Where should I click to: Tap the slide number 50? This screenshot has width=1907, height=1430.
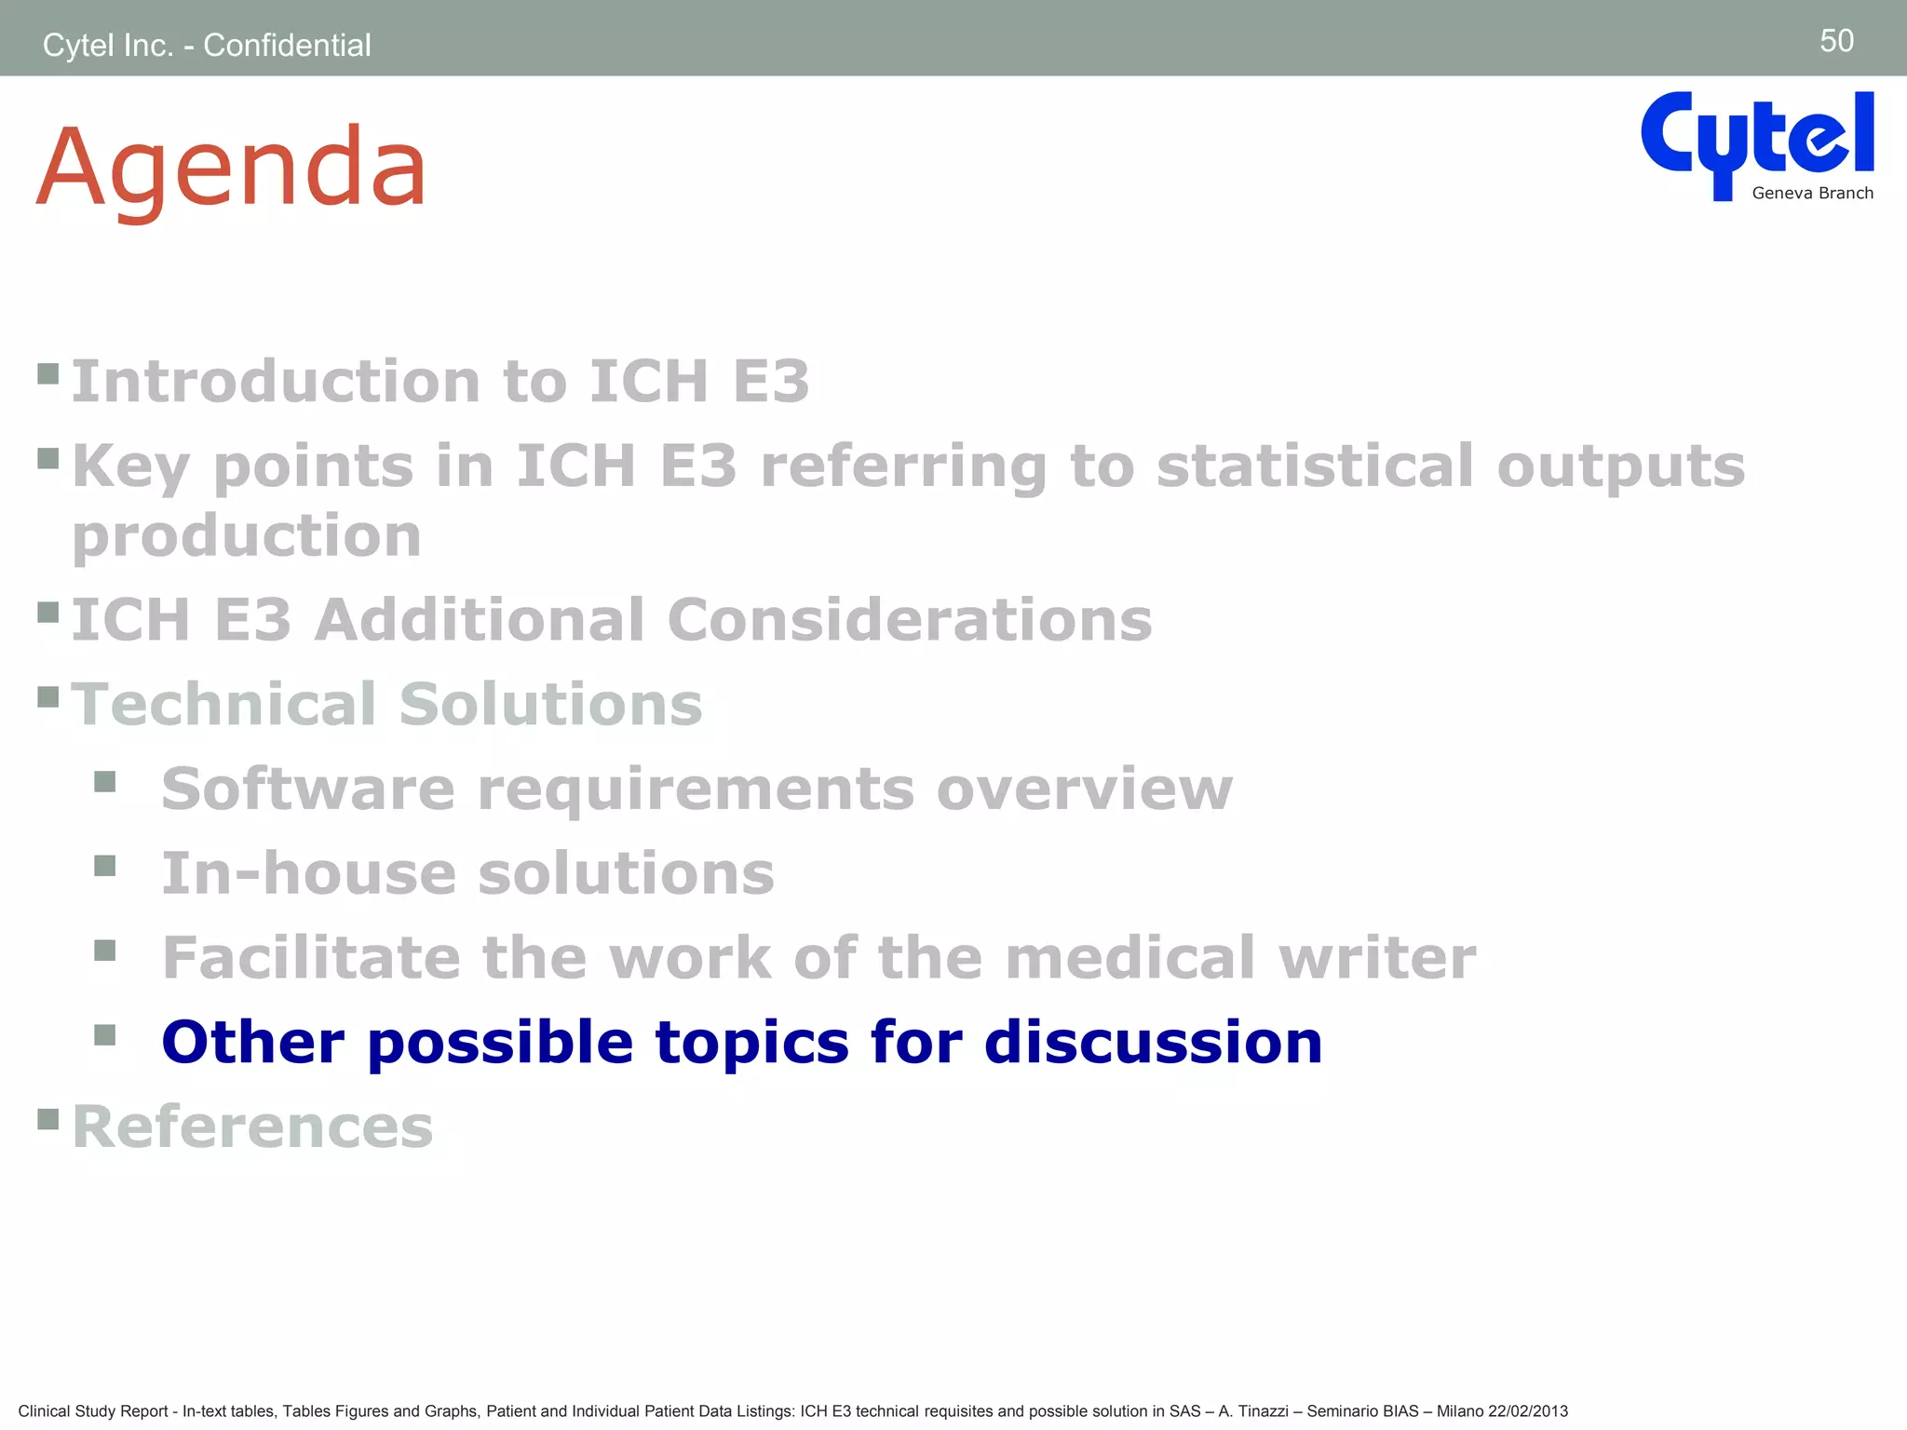pos(1836,41)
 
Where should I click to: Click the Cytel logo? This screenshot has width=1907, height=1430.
pos(1756,140)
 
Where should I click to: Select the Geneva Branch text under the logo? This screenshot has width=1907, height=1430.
pos(1812,194)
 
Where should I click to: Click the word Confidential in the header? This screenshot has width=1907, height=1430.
pos(287,45)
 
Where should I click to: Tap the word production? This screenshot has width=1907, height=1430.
pos(247,536)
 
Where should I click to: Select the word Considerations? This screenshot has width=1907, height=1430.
pos(910,620)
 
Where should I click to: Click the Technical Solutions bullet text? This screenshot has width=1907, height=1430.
pos(386,704)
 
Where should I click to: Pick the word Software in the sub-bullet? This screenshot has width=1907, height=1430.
pos(308,789)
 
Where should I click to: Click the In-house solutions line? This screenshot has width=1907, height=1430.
pos(467,873)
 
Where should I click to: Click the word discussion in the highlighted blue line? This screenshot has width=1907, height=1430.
pos(1153,1042)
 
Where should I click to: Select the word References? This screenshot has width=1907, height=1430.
pos(252,1126)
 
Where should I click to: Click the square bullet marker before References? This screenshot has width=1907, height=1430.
pos(48,1117)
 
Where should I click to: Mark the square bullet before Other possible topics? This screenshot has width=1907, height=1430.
pos(105,1034)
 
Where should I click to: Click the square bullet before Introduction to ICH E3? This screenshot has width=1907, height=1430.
pos(48,374)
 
